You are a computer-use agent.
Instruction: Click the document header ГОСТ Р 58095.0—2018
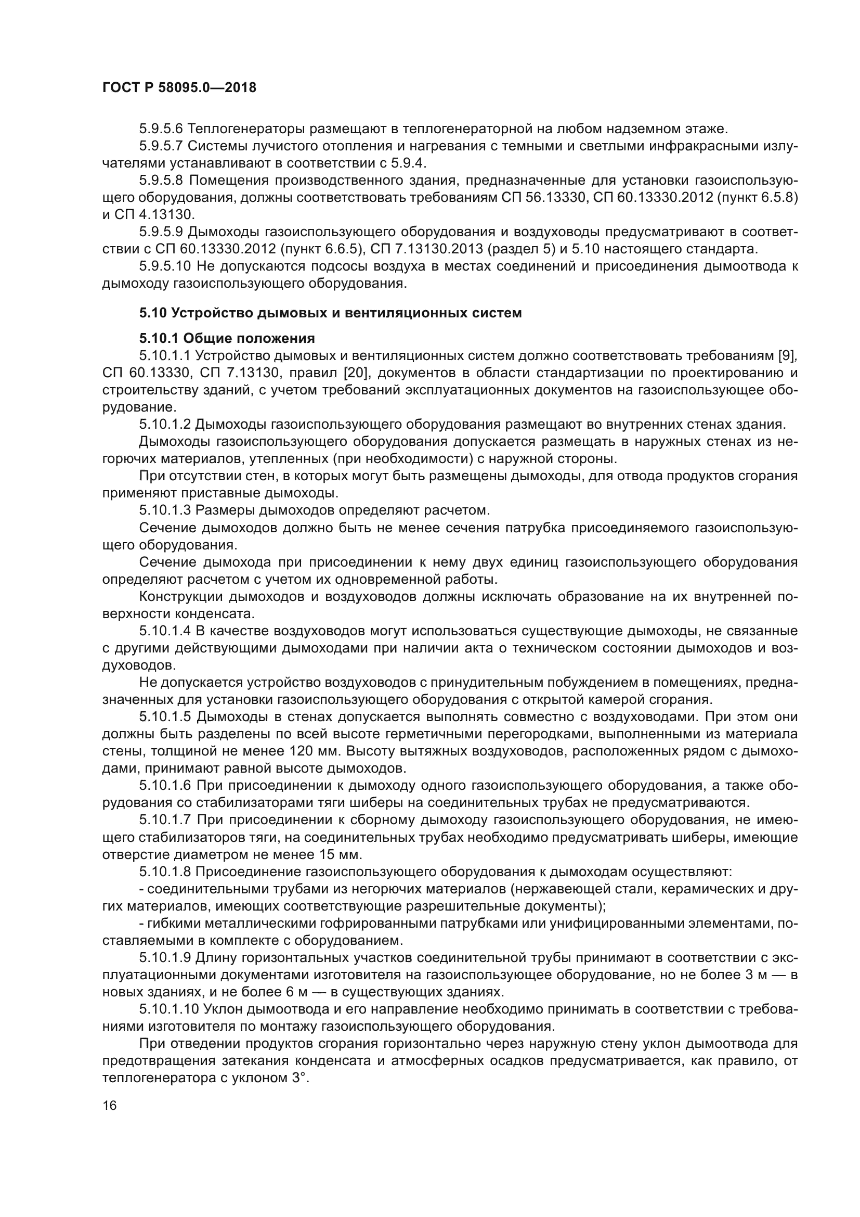point(178,88)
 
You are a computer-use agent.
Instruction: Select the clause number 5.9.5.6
point(161,129)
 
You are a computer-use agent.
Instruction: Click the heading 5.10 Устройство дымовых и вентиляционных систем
point(331,313)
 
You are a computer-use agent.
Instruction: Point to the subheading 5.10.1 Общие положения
point(227,338)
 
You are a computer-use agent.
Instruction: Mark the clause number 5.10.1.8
point(165,872)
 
